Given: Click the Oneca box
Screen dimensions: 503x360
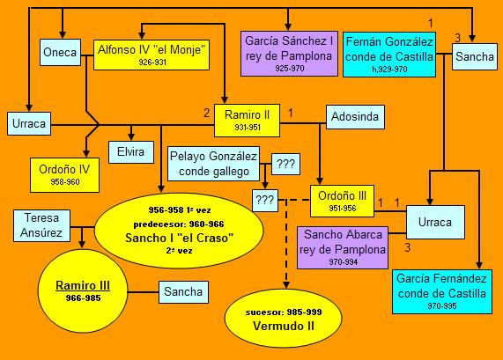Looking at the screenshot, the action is click(x=60, y=53).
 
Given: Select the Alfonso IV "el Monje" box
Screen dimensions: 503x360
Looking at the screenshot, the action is click(x=152, y=55).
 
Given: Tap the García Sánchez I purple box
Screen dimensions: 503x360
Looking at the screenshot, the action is click(x=289, y=54).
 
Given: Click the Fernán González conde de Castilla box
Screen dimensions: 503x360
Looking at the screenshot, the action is click(x=389, y=55).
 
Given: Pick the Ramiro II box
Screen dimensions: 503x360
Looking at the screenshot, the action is click(x=247, y=121).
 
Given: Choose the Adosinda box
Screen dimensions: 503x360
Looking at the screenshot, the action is click(x=355, y=117).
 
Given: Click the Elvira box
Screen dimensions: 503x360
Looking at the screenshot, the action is click(x=131, y=152).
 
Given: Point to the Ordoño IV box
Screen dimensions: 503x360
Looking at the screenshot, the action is click(x=64, y=175).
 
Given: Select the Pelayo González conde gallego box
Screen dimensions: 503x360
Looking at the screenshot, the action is click(x=214, y=164).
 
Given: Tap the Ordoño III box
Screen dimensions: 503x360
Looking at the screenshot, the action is click(x=343, y=201).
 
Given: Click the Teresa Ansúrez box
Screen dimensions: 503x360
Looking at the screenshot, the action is click(x=41, y=225).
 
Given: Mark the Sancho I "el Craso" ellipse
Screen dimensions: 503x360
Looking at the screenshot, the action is click(x=179, y=231).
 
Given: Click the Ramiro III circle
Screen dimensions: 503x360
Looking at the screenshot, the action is click(x=83, y=291).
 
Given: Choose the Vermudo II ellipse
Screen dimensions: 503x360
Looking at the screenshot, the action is click(x=284, y=319).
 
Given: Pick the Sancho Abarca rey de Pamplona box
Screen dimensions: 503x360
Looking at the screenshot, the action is click(x=343, y=248).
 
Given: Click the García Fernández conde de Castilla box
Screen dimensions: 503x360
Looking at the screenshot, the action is click(x=442, y=291).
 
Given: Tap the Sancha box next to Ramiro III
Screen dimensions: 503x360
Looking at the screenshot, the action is click(x=183, y=292).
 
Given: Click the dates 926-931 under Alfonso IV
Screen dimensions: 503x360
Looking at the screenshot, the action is click(x=152, y=62).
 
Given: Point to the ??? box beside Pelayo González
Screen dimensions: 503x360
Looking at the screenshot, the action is click(x=285, y=164).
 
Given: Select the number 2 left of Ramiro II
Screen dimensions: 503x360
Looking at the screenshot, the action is click(x=207, y=113).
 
